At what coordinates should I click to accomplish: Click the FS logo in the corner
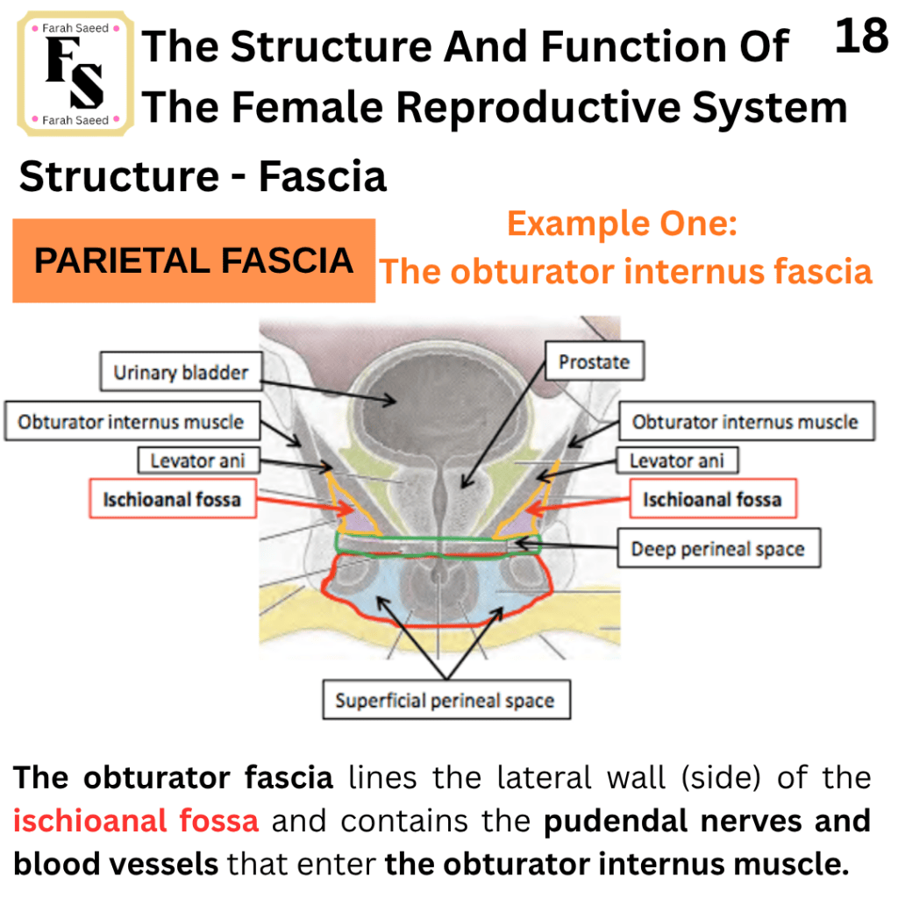point(75,74)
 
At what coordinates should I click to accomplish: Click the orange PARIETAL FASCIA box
point(194,260)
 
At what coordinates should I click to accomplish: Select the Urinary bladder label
point(181,372)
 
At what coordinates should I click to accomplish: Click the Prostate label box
point(595,361)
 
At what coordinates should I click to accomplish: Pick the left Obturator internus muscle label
point(132,422)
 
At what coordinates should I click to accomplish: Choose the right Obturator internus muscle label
point(746,422)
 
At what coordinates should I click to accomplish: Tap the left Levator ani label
point(198,460)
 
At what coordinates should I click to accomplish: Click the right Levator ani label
point(677,460)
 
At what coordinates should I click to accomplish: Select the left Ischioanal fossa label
point(172,499)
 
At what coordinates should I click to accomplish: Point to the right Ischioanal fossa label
point(712,499)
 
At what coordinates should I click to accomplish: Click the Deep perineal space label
point(718,549)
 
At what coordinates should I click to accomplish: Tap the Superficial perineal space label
point(445,700)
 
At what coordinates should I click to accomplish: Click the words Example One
point(623,224)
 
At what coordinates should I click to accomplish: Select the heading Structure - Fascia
point(203,175)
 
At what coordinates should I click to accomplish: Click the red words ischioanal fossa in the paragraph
point(136,821)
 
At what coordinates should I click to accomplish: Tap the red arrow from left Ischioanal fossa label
point(304,502)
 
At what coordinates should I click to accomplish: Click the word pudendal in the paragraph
point(616,821)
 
